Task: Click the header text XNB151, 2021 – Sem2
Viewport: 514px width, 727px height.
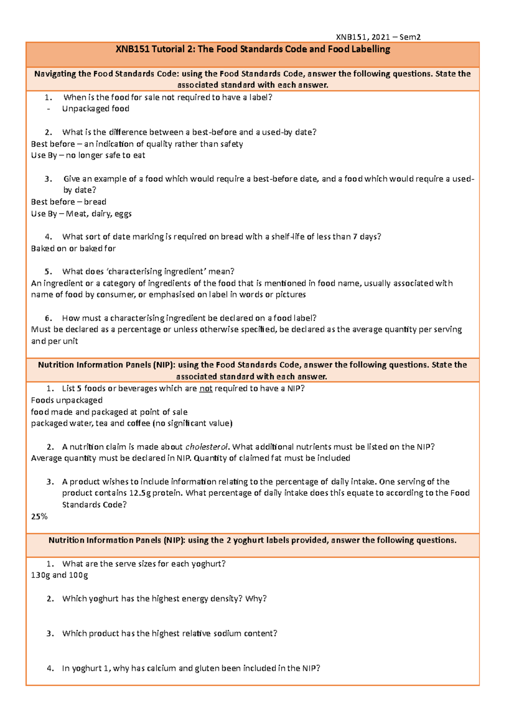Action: click(x=378, y=37)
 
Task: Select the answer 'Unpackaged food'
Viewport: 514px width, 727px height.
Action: click(x=96, y=109)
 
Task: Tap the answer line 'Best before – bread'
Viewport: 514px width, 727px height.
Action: click(x=69, y=202)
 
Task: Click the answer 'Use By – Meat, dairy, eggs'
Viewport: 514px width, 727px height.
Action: click(x=81, y=214)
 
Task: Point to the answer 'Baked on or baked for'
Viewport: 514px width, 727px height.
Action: click(x=73, y=248)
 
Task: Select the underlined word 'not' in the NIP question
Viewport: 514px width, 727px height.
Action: click(x=206, y=389)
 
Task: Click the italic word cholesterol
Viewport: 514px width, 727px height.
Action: click(x=207, y=447)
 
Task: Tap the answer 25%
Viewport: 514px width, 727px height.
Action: click(x=39, y=516)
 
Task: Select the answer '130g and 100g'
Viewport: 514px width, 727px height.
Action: click(x=59, y=575)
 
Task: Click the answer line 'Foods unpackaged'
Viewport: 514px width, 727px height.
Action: click(x=66, y=400)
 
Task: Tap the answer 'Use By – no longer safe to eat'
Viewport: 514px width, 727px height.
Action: click(x=88, y=155)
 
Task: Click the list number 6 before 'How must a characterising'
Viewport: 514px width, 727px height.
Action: click(x=48, y=318)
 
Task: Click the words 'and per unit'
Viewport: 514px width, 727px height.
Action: click(x=54, y=341)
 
